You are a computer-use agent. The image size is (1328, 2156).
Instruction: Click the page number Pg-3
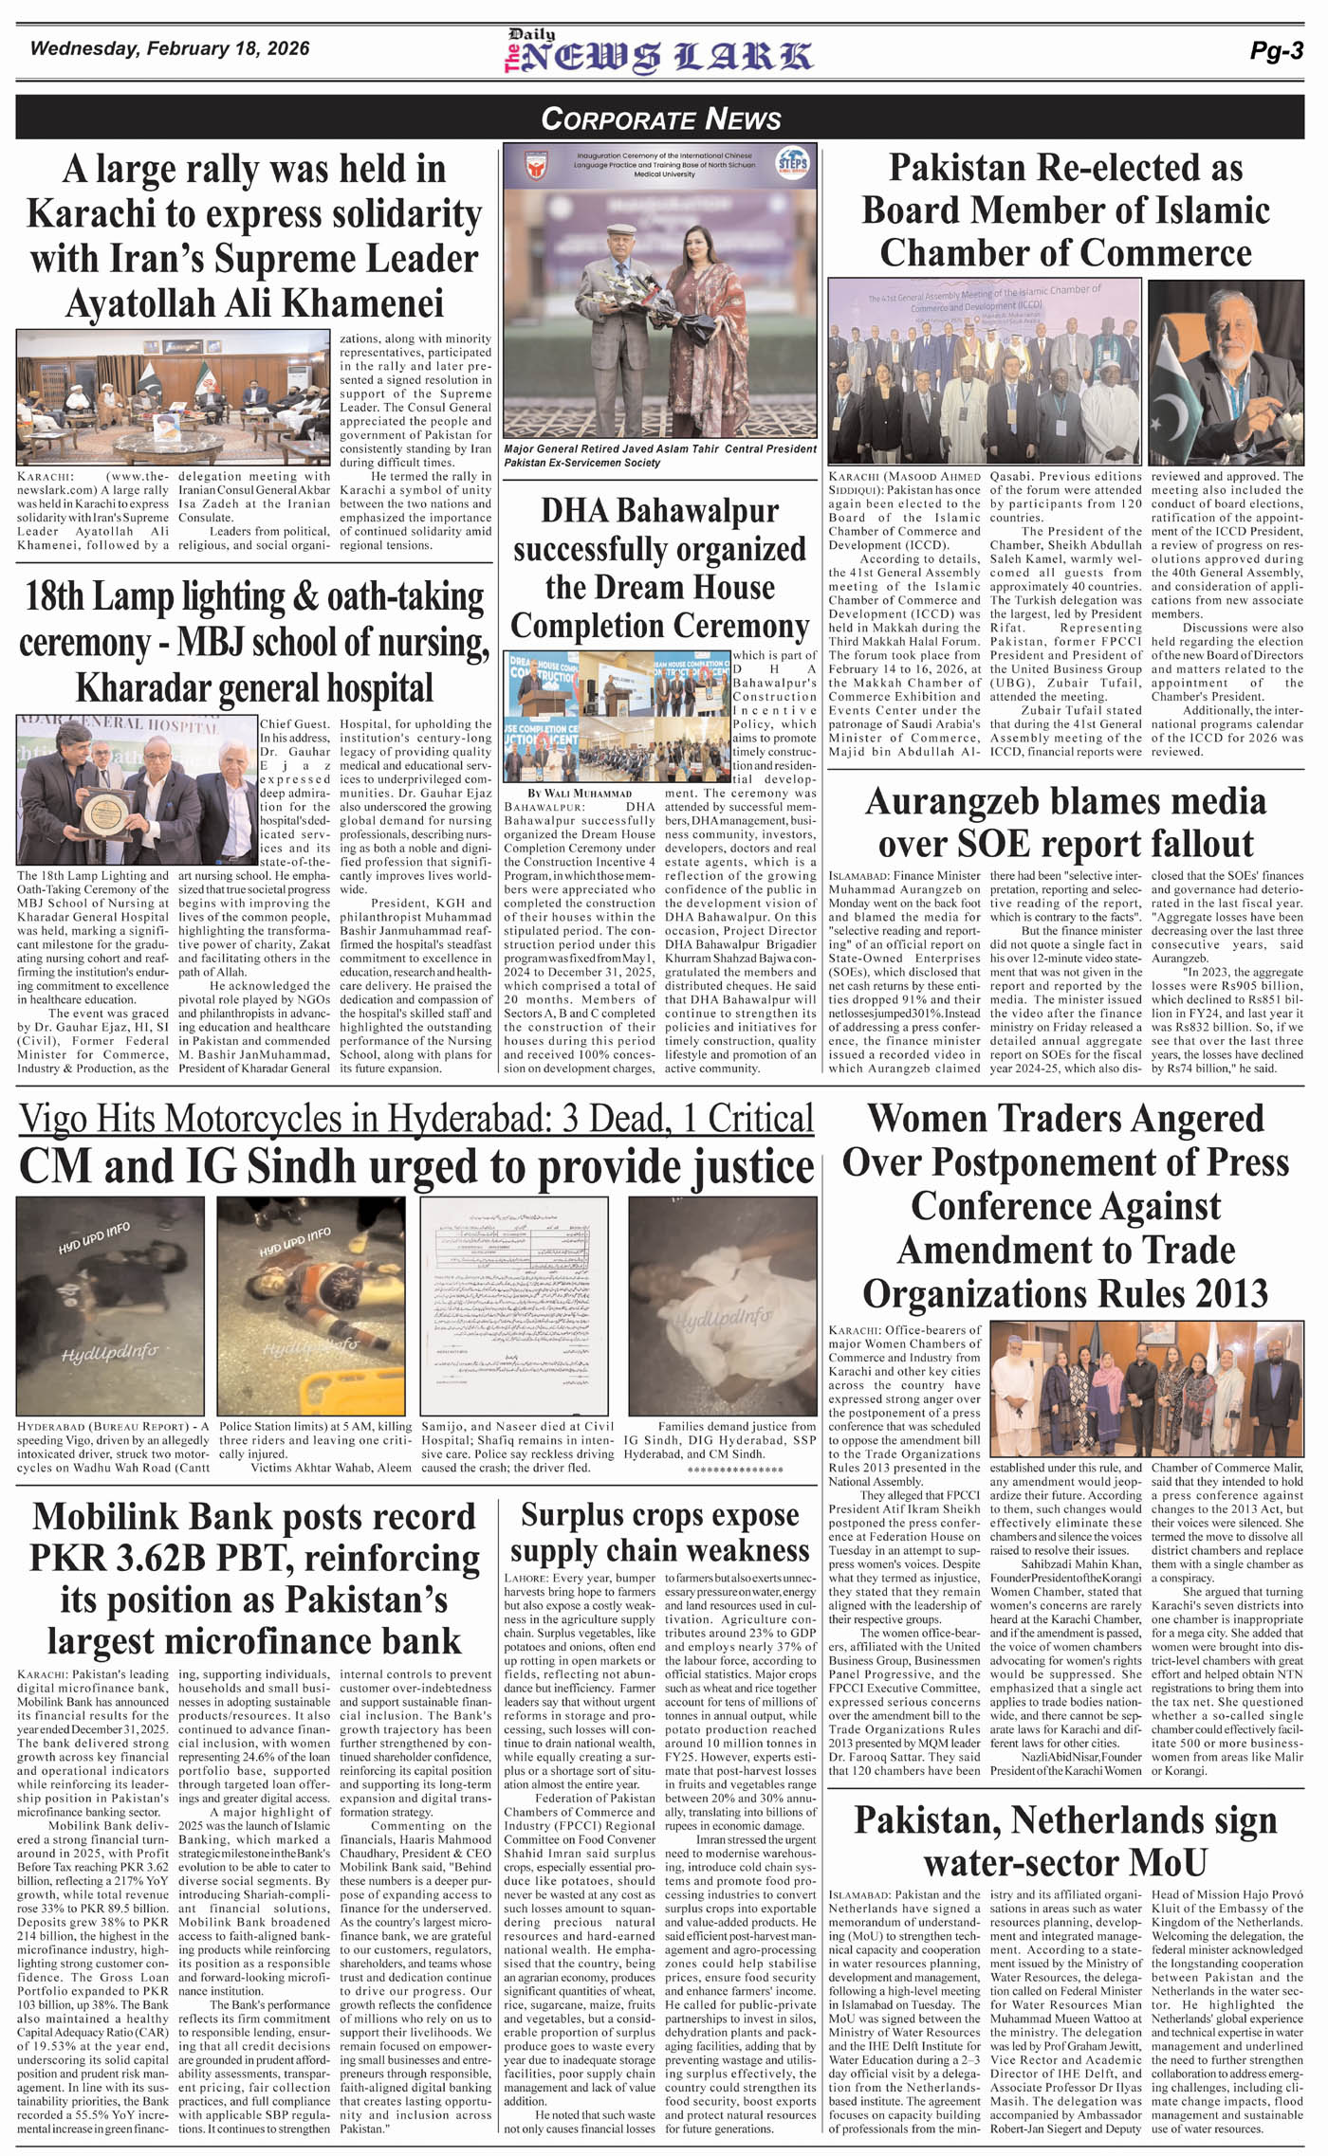1276,52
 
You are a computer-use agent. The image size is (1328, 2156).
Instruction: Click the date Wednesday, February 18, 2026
170,48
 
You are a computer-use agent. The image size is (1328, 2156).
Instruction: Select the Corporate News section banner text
660,119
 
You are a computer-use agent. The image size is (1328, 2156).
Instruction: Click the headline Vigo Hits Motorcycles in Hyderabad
416,1120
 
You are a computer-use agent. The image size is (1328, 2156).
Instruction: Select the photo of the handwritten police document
517,1305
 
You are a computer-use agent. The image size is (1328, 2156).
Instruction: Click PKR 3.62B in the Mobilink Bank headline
117,1558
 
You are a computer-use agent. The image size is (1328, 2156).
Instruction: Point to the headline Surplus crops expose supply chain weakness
659,1533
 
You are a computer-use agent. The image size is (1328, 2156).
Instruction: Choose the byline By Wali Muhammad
580,793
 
